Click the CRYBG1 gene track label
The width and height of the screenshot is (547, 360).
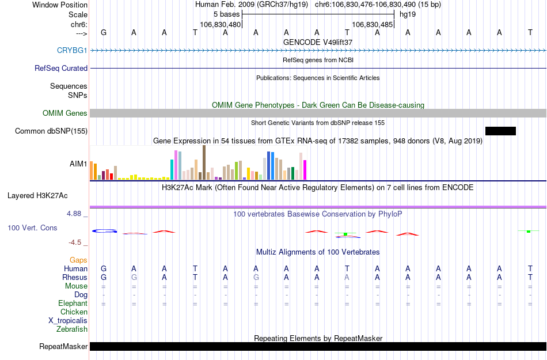tap(72, 51)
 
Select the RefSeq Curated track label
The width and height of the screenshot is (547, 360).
tap(61, 69)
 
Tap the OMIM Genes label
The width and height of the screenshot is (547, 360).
tap(64, 113)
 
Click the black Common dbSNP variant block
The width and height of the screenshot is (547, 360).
tap(500, 131)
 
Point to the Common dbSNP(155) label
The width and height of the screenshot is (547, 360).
tap(51, 131)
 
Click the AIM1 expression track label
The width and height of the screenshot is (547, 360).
tap(78, 164)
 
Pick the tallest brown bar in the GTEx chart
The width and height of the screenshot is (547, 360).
tap(204, 162)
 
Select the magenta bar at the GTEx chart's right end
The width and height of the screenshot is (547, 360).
tap(305, 170)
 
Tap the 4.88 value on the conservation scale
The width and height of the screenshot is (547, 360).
tap(76, 214)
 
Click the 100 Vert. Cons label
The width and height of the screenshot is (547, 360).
tap(32, 228)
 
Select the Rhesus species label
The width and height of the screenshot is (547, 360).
tap(75, 278)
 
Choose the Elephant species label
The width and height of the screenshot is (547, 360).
tap(73, 304)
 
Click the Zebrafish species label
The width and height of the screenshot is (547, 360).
tap(72, 329)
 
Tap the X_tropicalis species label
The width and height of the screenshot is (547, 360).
tap(68, 321)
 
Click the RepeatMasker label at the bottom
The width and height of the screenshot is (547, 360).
tap(63, 347)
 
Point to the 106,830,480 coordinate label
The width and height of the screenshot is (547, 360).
tap(220, 25)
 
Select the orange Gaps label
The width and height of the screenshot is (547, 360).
tap(78, 260)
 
